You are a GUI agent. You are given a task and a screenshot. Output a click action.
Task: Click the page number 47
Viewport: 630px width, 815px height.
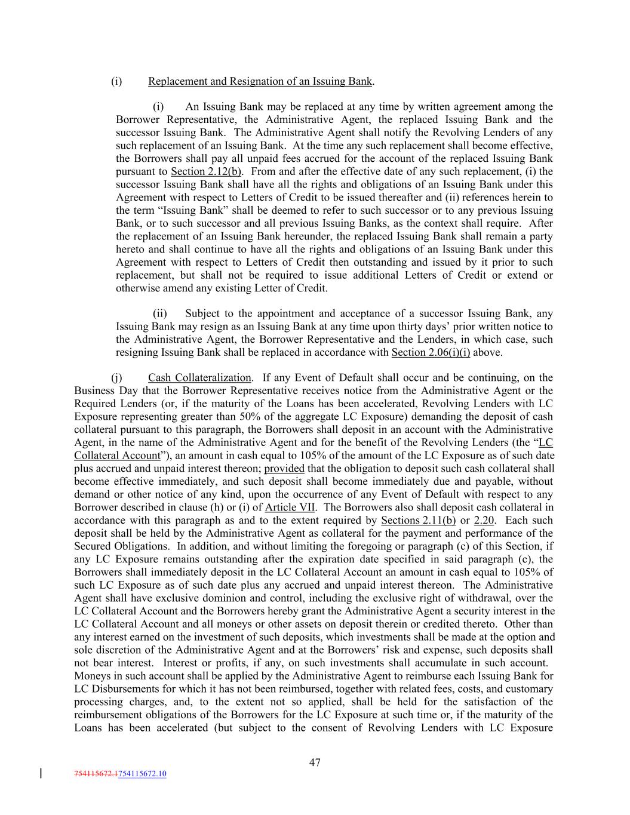(x=315, y=762)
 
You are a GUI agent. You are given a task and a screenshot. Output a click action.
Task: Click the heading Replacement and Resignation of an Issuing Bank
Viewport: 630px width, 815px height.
(x=260, y=81)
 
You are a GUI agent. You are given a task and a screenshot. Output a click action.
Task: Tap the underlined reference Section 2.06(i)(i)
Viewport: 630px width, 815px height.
(x=431, y=352)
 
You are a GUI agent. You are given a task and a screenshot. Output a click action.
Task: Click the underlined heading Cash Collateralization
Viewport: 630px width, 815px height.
(x=199, y=377)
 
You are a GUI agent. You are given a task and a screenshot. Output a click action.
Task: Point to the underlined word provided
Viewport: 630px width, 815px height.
(x=284, y=468)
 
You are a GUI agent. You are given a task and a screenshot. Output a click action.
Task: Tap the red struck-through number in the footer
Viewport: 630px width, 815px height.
(x=97, y=774)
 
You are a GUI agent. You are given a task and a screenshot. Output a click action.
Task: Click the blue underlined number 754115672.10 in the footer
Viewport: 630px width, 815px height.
(x=143, y=774)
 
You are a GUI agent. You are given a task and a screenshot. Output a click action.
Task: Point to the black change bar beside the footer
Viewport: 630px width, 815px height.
(x=41, y=774)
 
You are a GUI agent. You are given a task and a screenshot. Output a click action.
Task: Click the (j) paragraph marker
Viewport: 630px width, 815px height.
(x=116, y=377)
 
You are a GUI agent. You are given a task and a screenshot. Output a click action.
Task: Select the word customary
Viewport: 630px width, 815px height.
(x=529, y=688)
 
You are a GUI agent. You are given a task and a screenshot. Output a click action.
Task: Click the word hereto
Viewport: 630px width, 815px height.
(x=131, y=249)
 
